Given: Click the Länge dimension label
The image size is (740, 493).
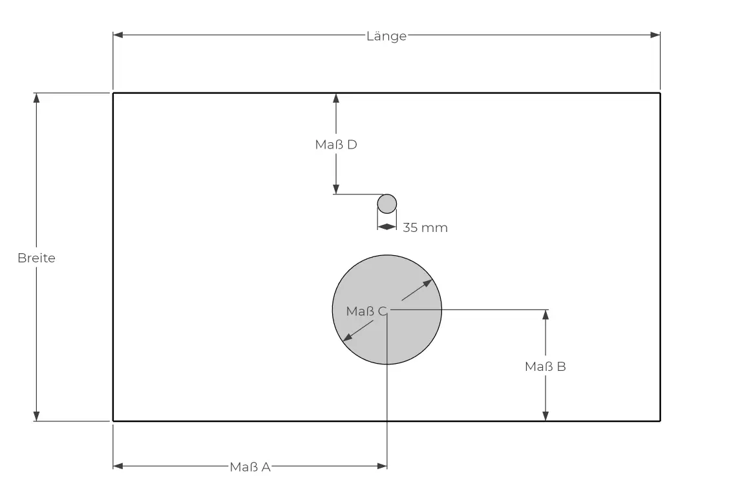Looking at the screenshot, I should pos(386,36).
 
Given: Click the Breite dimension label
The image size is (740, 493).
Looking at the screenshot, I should pos(36,258).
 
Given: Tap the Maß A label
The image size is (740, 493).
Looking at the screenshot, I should pos(250,467).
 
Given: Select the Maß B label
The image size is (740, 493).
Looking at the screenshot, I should pos(545,366).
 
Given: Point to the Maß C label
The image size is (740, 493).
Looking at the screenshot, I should pos(366,311).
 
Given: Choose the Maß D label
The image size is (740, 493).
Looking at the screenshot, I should pos(336,145).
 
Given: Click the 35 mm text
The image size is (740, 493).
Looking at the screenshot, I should pos(425,227).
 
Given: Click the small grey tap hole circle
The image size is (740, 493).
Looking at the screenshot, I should pos(386,204).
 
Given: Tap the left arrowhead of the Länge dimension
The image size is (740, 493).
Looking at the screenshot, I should pos(118,35).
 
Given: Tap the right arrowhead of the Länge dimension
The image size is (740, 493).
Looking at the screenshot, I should pos(655,35).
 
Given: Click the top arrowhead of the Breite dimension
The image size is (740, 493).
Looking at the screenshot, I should pos(36,98).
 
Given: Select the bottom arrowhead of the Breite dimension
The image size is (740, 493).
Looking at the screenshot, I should pos(36,416).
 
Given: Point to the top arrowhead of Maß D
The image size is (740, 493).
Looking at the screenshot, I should pos(336,98).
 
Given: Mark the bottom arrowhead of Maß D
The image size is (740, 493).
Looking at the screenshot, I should pos(336,189).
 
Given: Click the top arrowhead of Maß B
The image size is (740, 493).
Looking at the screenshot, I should pos(545,315).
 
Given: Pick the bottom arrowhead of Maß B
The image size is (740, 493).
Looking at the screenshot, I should pos(545,416).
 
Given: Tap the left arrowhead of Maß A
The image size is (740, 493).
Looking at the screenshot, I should pos(118,465).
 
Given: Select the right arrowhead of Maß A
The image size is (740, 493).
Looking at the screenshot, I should pos(382,465).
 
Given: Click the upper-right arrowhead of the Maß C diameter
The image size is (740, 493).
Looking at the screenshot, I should pos(427,282).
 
